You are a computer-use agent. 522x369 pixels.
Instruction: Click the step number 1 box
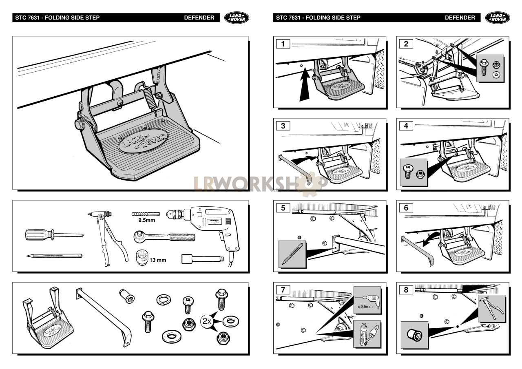[283, 44]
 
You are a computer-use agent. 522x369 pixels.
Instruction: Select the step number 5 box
[283, 208]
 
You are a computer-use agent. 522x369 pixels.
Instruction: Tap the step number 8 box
[406, 290]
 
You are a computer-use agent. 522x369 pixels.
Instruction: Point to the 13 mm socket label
[157, 260]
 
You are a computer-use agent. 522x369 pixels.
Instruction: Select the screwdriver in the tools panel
[53, 234]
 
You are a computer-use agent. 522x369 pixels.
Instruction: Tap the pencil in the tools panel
[54, 256]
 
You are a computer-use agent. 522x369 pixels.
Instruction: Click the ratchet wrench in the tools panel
[164, 237]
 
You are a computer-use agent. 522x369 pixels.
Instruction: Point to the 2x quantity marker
[207, 321]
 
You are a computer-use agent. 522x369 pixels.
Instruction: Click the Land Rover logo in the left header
[237, 18]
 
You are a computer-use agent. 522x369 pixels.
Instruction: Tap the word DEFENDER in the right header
[460, 18]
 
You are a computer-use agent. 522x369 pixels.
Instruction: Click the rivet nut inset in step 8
[414, 335]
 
